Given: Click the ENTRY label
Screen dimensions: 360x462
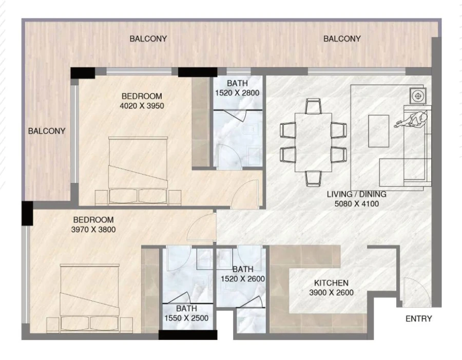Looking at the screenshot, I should (418, 318).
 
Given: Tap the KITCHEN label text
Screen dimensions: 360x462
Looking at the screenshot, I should (331, 283).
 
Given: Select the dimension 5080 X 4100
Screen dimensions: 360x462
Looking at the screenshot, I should (356, 204).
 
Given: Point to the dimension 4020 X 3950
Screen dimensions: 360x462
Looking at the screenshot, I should (142, 106).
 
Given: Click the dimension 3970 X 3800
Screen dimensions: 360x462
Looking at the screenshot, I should (93, 230).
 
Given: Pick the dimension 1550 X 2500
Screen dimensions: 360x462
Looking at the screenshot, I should (186, 318).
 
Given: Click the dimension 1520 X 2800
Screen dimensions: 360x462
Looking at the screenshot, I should (237, 93).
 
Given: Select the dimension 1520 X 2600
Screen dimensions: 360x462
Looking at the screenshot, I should (242, 279).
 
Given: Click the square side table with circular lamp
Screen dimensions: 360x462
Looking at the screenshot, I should (418, 96).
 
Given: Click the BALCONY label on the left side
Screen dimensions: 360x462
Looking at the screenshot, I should (47, 131).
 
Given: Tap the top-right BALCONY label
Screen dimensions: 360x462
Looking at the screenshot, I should (342, 39).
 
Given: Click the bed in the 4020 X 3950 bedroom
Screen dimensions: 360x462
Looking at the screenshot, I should (138, 167).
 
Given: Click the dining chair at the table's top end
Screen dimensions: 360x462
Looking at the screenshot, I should (313, 106).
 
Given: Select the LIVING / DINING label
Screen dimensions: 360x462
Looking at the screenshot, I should (356, 195).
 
